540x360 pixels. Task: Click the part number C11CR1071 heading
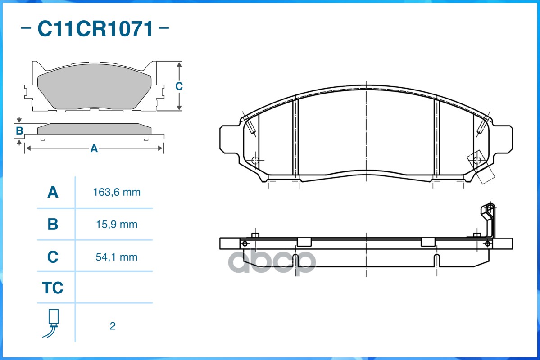95,28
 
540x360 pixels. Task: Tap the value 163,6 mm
117,192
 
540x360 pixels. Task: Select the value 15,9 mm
117,225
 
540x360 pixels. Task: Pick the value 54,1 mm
117,257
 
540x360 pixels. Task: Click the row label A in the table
53,192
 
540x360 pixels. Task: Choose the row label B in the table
53,225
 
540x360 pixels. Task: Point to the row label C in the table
53,257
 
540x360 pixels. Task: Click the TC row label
53,288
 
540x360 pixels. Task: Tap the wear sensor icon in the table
51,323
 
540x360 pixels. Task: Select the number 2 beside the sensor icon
113,326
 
